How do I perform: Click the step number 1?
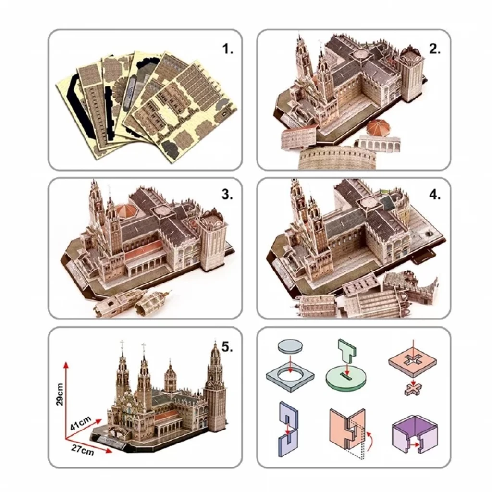click(x=227, y=49)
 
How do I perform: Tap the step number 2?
click(x=434, y=49)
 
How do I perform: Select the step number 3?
click(x=227, y=195)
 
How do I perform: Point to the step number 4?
click(x=434, y=195)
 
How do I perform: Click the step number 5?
click(x=227, y=347)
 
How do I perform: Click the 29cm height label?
click(x=60, y=394)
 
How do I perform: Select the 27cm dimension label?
click(x=83, y=450)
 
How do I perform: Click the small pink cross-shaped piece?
click(x=413, y=390)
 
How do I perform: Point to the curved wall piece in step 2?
click(x=337, y=159)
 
